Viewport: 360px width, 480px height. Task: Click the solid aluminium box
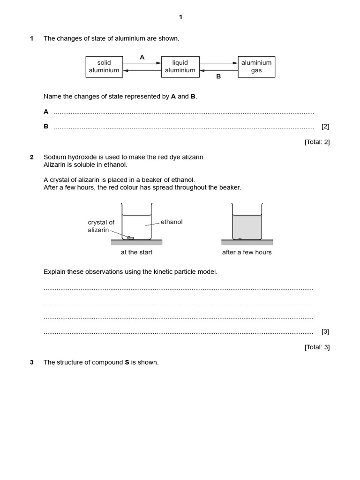(104, 67)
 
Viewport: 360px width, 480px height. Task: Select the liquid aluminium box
(180, 67)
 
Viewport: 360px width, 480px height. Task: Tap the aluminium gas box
(256, 67)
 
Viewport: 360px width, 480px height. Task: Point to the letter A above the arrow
(142, 57)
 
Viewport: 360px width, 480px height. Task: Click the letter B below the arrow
(218, 76)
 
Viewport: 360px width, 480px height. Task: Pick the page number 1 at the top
(180, 17)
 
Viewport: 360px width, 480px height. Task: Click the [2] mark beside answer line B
(325, 126)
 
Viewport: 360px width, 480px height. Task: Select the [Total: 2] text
(317, 142)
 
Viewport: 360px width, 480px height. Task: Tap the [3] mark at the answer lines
(325, 331)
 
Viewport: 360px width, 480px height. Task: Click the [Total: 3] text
(317, 347)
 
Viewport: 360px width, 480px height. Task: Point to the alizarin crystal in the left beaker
(131, 238)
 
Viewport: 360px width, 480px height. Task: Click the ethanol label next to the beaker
(172, 222)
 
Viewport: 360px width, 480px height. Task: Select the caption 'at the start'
(136, 252)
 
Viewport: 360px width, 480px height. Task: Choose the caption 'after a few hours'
(247, 252)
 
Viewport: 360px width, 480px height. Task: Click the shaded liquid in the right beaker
(247, 227)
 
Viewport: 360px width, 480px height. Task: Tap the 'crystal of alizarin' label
(101, 226)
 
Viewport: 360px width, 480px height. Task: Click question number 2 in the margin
(32, 157)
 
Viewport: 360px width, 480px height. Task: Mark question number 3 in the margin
(32, 362)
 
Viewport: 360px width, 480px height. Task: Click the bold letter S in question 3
(127, 362)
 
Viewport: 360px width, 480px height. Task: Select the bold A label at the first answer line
(46, 112)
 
